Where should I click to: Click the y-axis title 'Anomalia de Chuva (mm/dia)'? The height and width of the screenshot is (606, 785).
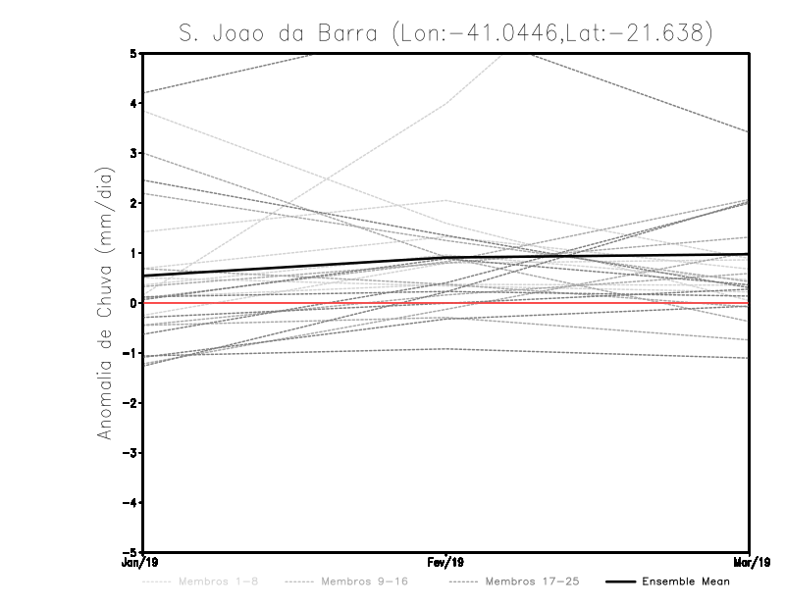pyautogui.click(x=105, y=302)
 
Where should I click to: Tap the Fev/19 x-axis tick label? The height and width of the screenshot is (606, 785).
pyautogui.click(x=446, y=562)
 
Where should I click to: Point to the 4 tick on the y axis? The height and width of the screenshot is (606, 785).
pyautogui.click(x=133, y=102)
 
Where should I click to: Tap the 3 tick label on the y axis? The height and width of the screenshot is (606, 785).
pyautogui.click(x=133, y=152)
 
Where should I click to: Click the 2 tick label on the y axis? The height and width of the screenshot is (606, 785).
pyautogui.click(x=133, y=202)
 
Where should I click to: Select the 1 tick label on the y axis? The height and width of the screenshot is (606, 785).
pyautogui.click(x=133, y=252)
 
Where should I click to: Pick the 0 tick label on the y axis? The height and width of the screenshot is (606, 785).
pyautogui.click(x=133, y=302)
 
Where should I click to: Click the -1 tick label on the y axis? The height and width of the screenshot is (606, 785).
pyautogui.click(x=131, y=352)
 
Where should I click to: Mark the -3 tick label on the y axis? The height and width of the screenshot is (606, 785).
pyautogui.click(x=131, y=452)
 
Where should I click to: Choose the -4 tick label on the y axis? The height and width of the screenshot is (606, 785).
pyautogui.click(x=131, y=502)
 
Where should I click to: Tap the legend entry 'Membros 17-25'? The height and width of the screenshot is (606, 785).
pyautogui.click(x=533, y=582)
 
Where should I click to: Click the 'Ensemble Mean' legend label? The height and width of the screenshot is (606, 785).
pyautogui.click(x=685, y=582)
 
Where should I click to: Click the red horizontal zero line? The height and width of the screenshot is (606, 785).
pyautogui.click(x=294, y=303)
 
